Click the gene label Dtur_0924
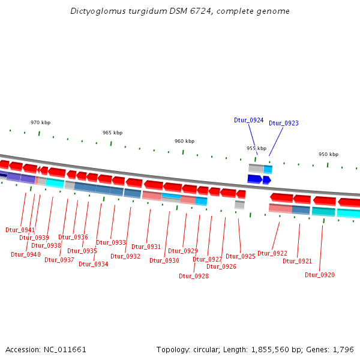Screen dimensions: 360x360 (248, 120)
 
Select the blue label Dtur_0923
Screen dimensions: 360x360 (283, 123)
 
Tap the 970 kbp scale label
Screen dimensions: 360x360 (41, 122)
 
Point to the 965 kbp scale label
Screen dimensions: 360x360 (112, 133)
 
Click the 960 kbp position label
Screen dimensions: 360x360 (184, 141)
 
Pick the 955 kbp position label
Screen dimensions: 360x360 (256, 148)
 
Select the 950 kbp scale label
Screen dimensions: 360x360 (328, 154)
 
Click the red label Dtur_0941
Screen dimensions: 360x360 (20, 230)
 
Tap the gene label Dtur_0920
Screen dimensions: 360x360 (319, 275)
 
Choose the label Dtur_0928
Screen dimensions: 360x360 (194, 276)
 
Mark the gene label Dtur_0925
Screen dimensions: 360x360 (240, 256)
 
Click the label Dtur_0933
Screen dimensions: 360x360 (111, 242)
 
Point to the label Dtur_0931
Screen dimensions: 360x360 (146, 247)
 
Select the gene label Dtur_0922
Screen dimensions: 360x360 (272, 253)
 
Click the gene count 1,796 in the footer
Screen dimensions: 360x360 (343, 349)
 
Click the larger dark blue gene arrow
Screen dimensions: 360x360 (254, 179)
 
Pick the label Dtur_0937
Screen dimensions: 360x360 (59, 260)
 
